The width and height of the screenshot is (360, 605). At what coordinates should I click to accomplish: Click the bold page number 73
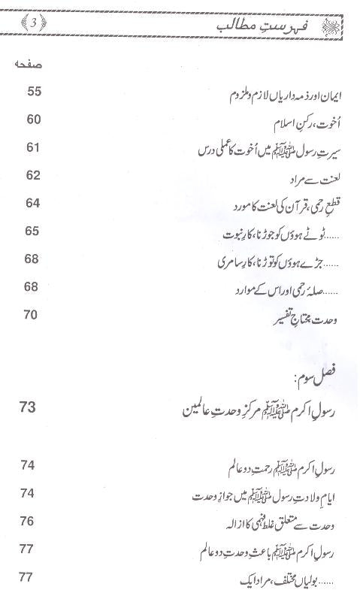pos(29,407)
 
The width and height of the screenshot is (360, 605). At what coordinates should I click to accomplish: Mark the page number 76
pos(29,521)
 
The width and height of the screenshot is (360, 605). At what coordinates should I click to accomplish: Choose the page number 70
pos(31,314)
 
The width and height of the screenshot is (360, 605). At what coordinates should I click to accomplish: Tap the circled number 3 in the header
pos(32,23)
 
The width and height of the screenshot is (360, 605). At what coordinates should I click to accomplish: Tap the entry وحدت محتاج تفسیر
pos(301,319)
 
